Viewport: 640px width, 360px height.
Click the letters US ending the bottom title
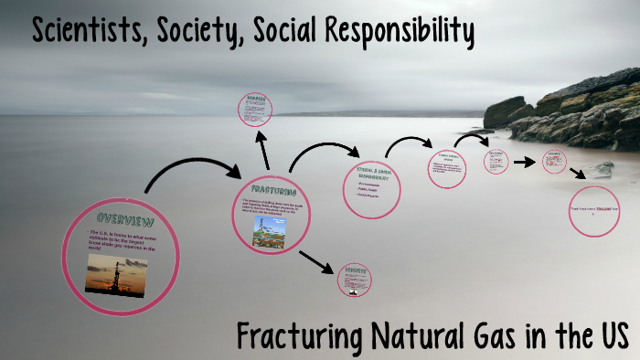coord(612,335)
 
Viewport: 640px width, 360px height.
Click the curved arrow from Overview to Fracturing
coord(187,171)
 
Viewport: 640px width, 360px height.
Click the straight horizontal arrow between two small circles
coord(524,162)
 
